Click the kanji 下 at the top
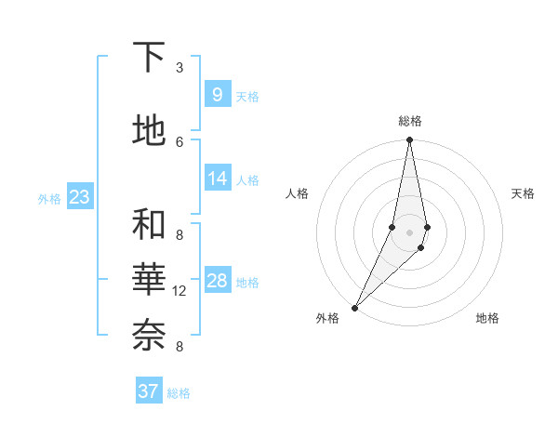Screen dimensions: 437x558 [149, 58]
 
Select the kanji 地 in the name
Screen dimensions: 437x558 [149, 130]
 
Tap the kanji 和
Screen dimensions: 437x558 [149, 225]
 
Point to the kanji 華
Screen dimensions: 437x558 [149, 279]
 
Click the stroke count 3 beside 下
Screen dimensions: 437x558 [179, 68]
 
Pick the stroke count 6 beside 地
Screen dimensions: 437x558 [179, 141]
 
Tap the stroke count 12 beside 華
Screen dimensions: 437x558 [179, 291]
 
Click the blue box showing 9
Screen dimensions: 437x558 [217, 94]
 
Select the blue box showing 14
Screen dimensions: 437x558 [217, 179]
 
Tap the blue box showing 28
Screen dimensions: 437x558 [217, 281]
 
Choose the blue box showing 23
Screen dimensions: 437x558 [80, 197]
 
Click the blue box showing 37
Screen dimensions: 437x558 [149, 391]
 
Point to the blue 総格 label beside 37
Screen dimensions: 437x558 [179, 393]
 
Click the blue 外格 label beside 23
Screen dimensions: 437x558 [49, 198]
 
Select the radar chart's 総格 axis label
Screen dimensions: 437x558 [410, 121]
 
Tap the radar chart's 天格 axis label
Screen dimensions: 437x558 [523, 193]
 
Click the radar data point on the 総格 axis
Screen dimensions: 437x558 [409, 140]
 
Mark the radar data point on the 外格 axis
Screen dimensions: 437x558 [354, 307]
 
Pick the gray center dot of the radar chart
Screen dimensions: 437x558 [409, 232]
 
